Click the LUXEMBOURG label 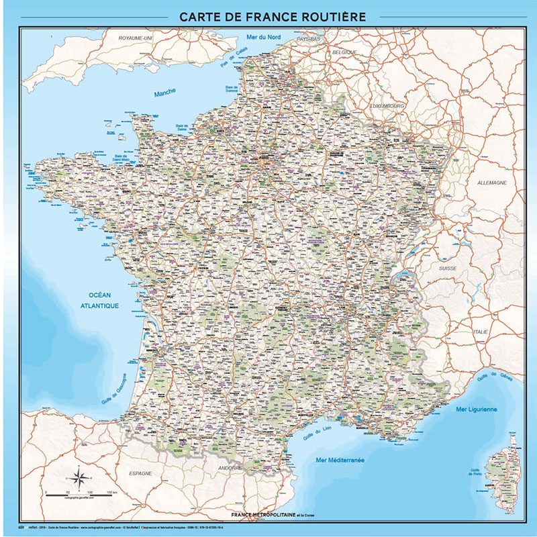coord(387,106)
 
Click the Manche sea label coord(164,93)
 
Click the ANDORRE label coord(231,468)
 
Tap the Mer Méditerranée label coord(340,460)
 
